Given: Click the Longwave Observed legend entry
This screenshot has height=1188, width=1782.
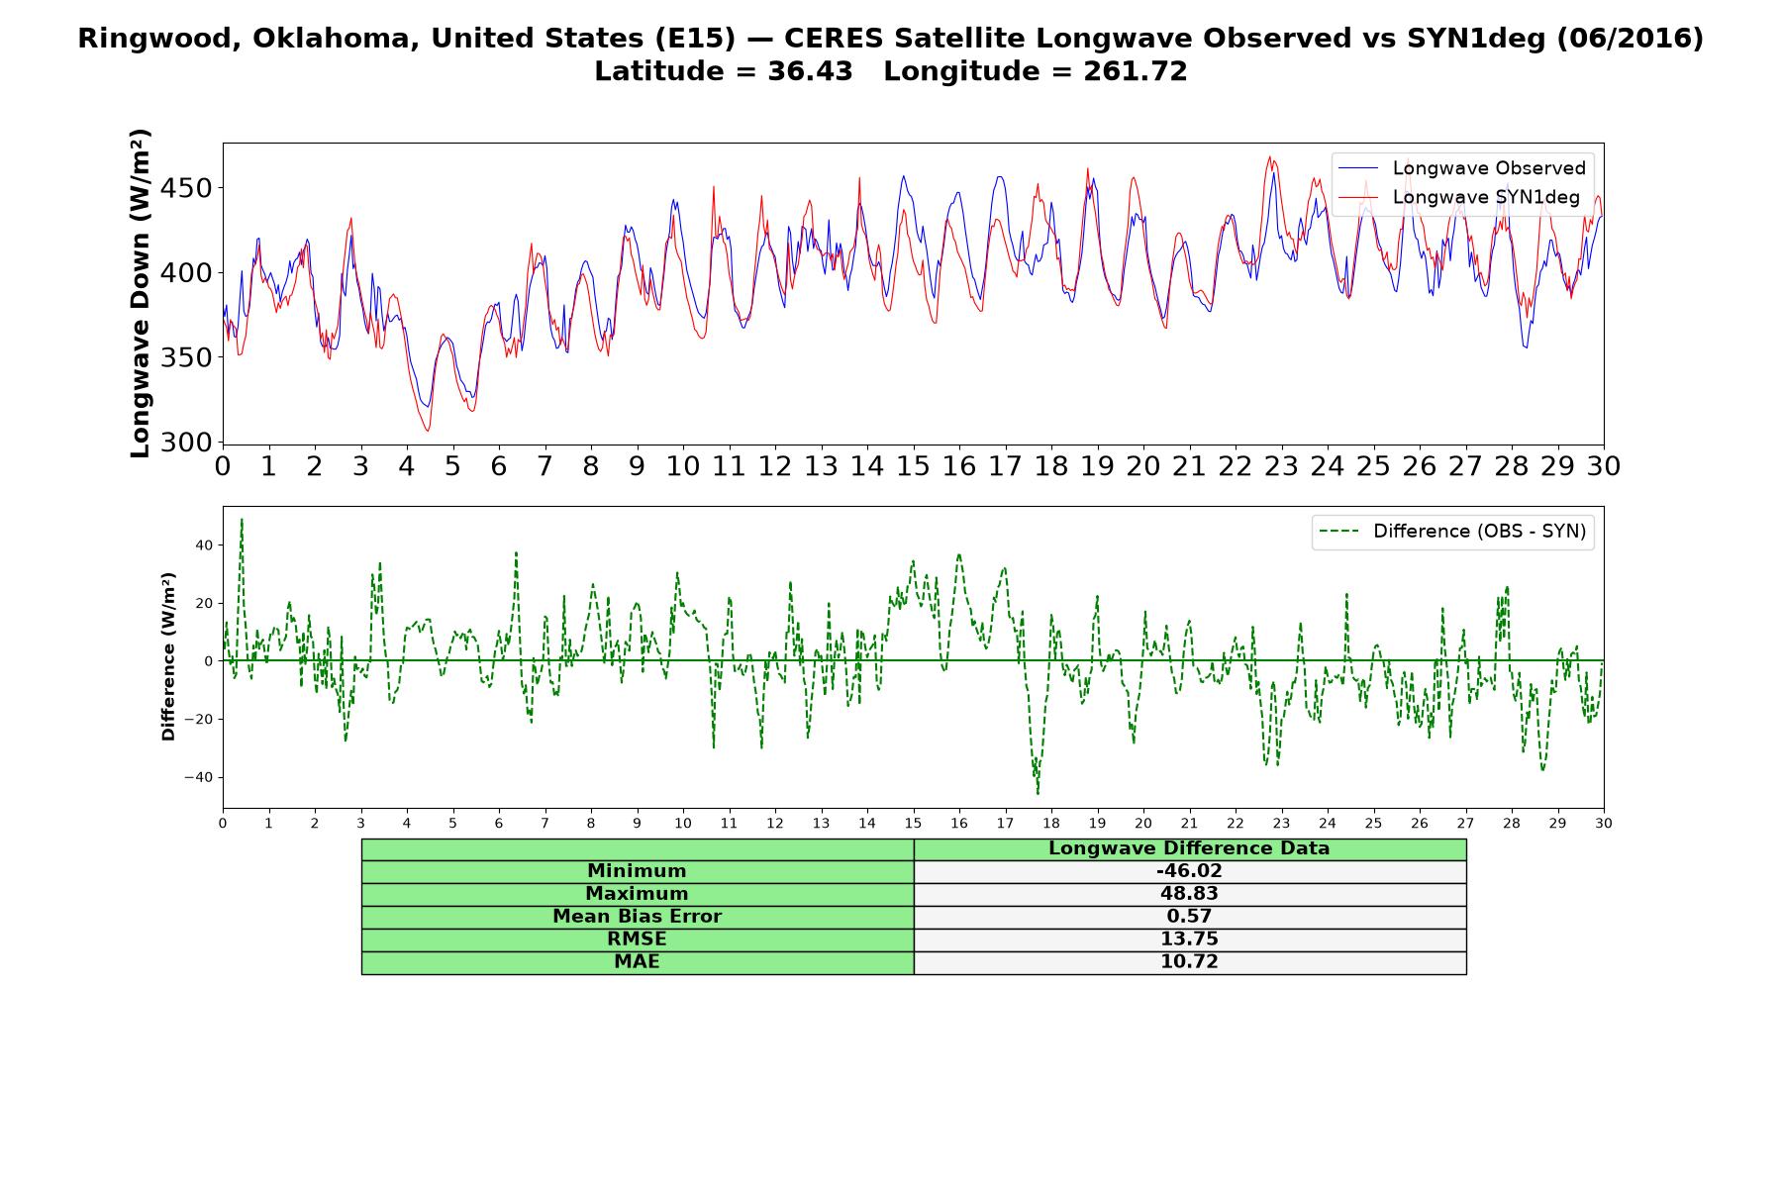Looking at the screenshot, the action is pos(1461,168).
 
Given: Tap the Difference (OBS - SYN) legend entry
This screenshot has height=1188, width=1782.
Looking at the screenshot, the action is pos(1453,532).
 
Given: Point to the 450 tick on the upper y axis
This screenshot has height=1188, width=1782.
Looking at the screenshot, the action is pos(188,188).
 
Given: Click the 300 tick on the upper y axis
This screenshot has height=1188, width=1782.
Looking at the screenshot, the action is pos(188,442).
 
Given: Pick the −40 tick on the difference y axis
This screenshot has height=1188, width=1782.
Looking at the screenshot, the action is pos(198,777).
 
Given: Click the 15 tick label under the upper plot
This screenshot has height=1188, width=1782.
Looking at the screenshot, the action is pos(913,466).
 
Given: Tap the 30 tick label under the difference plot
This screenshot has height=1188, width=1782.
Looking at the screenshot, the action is pos(1604,824).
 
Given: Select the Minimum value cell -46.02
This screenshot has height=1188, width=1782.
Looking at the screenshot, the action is pos(1189,871).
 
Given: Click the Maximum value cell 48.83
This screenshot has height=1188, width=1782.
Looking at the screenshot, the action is pos(1189,894).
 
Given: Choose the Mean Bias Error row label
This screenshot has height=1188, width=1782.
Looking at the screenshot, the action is pos(637,917).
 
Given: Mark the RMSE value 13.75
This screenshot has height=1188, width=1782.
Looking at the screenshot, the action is pos(1189,940).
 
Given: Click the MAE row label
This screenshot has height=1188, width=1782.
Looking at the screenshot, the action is pos(637,962).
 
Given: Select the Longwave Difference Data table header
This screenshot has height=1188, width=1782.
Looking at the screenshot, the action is pos(1189,848).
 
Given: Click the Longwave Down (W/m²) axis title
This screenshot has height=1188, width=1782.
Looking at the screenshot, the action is pos(140,293).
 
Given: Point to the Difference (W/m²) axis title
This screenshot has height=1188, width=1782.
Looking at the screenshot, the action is pos(168,656).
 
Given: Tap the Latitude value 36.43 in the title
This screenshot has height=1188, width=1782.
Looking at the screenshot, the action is pos(810,71).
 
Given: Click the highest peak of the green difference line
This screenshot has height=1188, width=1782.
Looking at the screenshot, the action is pos(242,519).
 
